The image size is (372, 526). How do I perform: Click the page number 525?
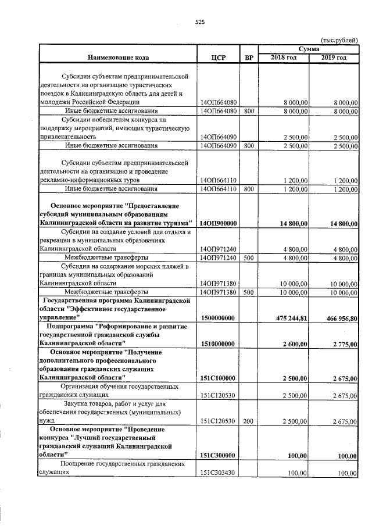coord(200,22)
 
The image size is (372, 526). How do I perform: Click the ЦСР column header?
coord(219,58)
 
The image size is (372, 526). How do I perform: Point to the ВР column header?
coord(249,58)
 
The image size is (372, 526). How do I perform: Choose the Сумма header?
coord(309,49)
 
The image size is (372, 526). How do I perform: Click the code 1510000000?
coord(217,344)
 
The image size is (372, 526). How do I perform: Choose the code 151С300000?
coord(217,456)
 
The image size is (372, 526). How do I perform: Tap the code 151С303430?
coord(217,473)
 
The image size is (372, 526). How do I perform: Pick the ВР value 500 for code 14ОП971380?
coord(249,292)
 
